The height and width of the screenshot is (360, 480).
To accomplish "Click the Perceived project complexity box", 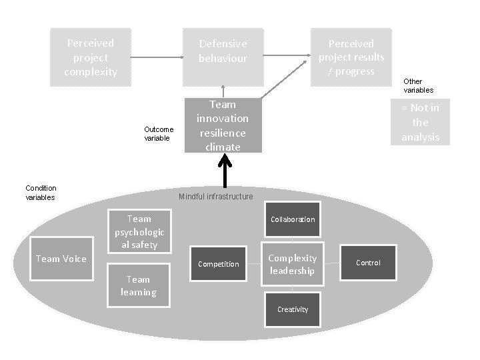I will [x=91, y=57].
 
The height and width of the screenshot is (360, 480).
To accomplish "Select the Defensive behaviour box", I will [x=223, y=57].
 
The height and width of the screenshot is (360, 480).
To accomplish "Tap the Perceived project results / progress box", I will [x=351, y=57].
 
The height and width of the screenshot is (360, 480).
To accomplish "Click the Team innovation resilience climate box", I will [x=223, y=125].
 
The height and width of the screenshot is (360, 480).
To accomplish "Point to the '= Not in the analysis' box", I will [x=420, y=122].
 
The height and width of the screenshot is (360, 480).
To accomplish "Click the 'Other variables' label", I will [x=418, y=85].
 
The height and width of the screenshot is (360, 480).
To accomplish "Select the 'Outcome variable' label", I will [x=159, y=133].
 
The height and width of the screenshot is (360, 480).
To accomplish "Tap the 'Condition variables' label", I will [x=41, y=193].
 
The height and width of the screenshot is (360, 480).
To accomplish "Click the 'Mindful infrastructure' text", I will [x=216, y=197].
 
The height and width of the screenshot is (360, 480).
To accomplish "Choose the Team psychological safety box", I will [x=139, y=231].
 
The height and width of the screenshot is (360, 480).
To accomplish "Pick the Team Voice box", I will [x=61, y=259].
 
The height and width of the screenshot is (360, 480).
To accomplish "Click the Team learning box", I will [x=139, y=285].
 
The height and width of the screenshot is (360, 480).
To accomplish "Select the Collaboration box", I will [x=293, y=219].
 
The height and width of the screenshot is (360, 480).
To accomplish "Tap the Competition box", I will [x=219, y=264].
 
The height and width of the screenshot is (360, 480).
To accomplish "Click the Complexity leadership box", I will [x=293, y=264].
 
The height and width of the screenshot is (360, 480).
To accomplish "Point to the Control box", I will [x=368, y=263].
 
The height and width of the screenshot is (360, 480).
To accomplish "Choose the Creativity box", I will [x=293, y=309].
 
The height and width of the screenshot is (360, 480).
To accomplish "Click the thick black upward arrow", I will [x=223, y=171].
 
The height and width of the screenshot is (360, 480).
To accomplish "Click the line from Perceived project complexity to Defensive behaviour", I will [x=157, y=57].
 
